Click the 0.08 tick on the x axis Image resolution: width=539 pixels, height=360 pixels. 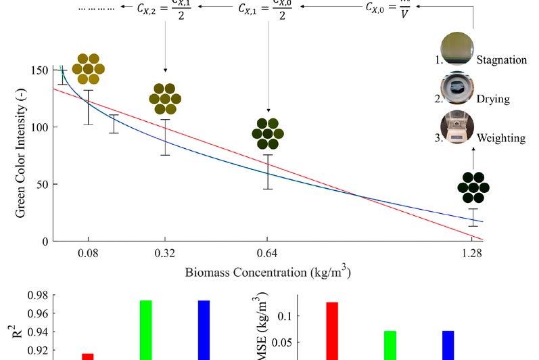(x=88, y=254)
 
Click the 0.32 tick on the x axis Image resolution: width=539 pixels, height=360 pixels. (x=165, y=254)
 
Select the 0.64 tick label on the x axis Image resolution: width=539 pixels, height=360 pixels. (x=268, y=254)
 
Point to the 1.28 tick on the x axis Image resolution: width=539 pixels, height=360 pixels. (x=472, y=254)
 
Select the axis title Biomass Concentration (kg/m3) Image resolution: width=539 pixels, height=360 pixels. (x=268, y=273)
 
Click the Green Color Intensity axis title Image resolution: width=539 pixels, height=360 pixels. (x=21, y=154)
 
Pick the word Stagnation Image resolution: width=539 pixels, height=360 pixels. (x=501, y=60)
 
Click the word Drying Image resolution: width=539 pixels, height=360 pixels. (x=493, y=99)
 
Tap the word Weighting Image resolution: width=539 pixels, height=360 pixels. (x=501, y=138)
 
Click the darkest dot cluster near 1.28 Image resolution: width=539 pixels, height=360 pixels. (x=473, y=187)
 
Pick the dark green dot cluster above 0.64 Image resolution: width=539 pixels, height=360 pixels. (x=268, y=134)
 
